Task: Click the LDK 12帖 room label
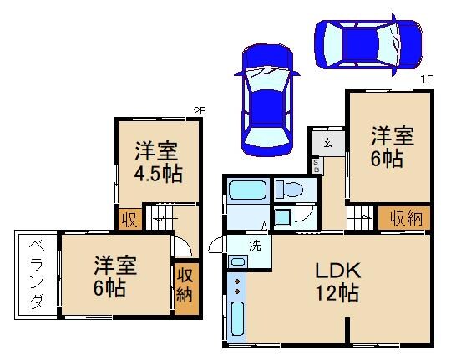[x=337, y=281]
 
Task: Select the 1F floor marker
[x=426, y=79]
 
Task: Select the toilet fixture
[x=291, y=188]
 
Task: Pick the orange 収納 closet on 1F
[x=405, y=218]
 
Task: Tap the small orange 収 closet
[x=129, y=220]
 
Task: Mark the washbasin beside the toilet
[x=283, y=217]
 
